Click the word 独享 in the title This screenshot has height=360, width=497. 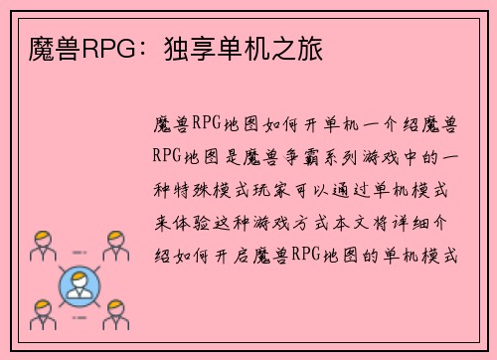pyautogui.click(x=173, y=47)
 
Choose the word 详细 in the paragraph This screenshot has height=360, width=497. pyautogui.click(x=425, y=220)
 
